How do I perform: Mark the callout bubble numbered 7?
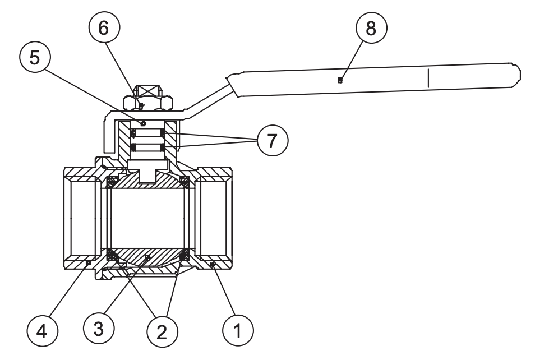pos(273,140)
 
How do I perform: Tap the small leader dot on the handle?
pos(341,80)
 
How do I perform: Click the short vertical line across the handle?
pos(427,78)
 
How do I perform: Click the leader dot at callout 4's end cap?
pos(87,262)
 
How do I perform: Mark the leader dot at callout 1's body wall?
pos(213,266)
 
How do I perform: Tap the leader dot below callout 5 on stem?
pos(143,123)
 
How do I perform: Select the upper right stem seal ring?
pos(163,133)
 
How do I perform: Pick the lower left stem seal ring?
pos(134,147)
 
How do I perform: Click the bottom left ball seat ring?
pos(112,255)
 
